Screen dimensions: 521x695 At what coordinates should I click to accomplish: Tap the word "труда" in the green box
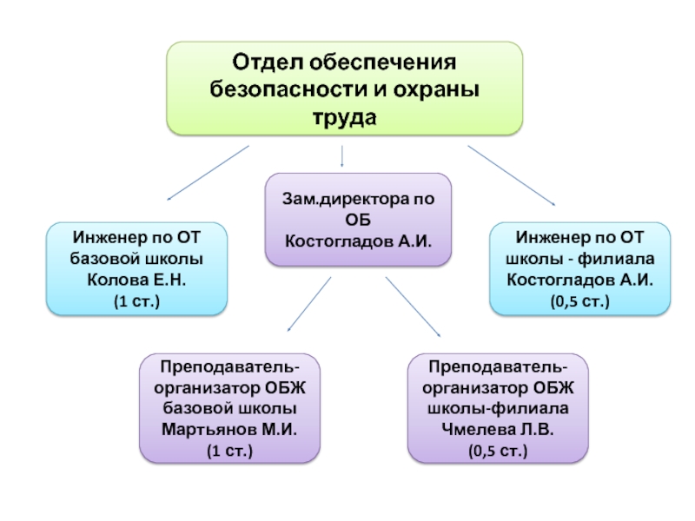[x=345, y=115]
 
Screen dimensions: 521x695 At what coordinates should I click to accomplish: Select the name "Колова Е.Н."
[x=136, y=280]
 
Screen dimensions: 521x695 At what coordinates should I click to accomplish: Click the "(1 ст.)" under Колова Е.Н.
[x=136, y=300]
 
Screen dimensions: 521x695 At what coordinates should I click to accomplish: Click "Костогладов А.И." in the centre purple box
[x=358, y=240]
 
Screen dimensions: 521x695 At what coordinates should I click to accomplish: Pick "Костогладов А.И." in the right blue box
[x=579, y=280]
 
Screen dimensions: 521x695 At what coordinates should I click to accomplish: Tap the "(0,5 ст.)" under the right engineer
[x=579, y=300]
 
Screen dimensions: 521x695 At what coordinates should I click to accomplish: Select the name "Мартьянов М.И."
[x=228, y=430]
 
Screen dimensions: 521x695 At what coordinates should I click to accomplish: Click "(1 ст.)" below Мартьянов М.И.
[x=228, y=452]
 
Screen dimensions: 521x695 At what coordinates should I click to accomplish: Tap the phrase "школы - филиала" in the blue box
[x=579, y=259]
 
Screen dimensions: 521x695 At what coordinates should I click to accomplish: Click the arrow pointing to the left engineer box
[x=208, y=173]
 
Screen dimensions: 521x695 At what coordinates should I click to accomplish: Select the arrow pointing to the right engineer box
[x=512, y=175]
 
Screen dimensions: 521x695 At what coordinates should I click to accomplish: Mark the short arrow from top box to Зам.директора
[x=342, y=156]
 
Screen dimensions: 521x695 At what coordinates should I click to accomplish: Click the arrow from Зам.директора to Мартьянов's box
[x=309, y=303]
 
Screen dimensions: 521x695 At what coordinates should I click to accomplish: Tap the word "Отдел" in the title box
[x=264, y=63]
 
